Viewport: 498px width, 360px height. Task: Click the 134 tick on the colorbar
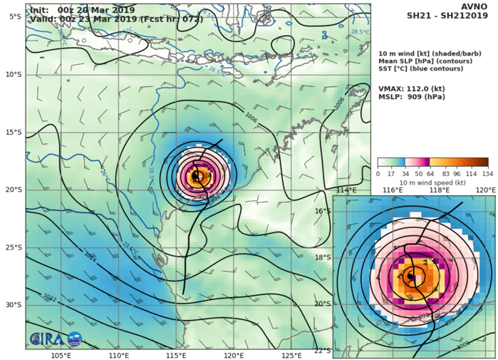click(488, 173)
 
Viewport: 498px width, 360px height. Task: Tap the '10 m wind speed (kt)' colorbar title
click(432, 182)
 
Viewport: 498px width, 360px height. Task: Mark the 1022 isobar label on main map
click(49, 297)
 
